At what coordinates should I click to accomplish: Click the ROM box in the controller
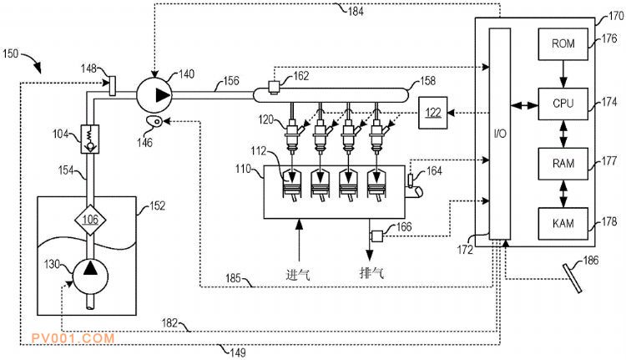click(x=563, y=43)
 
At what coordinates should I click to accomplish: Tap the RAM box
click(x=563, y=163)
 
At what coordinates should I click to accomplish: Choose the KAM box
click(x=563, y=223)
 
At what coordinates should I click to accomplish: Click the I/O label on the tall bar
click(x=499, y=134)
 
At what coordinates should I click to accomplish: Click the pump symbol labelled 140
click(x=159, y=95)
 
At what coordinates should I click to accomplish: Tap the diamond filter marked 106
click(x=89, y=220)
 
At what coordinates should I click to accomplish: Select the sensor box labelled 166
click(x=376, y=236)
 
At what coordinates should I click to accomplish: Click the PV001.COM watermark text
click(x=71, y=338)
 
